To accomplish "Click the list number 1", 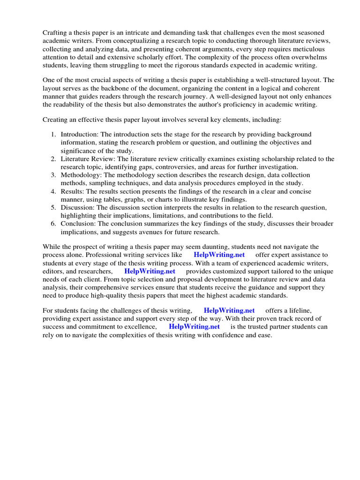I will click(53, 135).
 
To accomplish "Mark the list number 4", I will click(53, 191).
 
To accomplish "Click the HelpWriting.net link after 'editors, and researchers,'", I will click(150, 271).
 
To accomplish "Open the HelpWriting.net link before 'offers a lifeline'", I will click(229, 310).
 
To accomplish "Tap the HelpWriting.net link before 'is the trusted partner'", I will click(194, 327).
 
